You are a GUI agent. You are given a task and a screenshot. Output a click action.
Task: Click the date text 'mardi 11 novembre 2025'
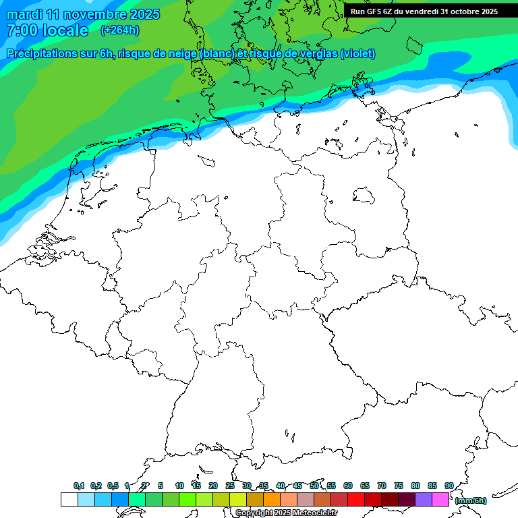83,14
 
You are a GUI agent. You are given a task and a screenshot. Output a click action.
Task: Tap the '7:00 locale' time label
47,30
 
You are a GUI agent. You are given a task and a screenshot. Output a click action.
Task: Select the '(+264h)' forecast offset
120,30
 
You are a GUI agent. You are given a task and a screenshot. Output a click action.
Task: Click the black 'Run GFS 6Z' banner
424,11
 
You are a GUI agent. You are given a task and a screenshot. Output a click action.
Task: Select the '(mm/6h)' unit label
471,500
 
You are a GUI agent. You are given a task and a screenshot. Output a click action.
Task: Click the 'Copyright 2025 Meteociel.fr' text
286,513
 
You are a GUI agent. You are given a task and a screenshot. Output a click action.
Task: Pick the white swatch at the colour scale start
69,500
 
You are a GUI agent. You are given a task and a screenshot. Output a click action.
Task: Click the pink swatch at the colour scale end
440,500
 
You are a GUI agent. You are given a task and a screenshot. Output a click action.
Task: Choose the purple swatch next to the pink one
424,500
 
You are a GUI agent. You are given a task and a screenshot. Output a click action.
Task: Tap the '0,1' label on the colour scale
79,486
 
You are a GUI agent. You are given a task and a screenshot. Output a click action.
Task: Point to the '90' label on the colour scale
449,486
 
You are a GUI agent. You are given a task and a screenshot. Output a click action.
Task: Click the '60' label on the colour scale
348,486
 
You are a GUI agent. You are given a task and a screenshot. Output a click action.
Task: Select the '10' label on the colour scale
179,486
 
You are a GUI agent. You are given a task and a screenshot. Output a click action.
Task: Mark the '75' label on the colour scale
399,486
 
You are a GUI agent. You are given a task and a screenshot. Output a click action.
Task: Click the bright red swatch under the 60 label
356,500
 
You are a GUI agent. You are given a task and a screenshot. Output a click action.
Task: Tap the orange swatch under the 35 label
272,500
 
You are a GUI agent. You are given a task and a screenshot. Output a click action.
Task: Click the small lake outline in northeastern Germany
365,196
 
